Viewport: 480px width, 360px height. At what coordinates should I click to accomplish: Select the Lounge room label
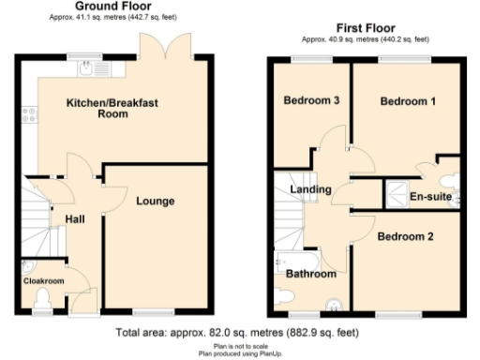155,200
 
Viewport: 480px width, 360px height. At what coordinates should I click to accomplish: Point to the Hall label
76,218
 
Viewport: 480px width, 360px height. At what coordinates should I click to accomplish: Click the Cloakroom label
43,280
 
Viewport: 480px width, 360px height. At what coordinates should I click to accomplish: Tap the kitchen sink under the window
91,67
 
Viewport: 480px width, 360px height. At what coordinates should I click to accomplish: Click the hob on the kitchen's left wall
29,116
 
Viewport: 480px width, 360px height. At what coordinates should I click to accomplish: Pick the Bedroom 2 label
405,236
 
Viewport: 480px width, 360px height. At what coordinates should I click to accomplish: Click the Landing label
310,189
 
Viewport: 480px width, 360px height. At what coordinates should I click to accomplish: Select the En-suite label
431,197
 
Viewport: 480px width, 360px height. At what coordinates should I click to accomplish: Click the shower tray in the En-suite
397,193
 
